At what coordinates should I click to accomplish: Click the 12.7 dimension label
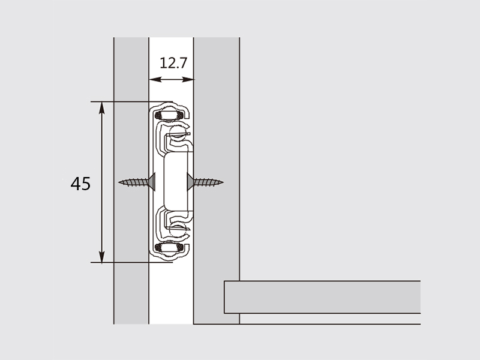coord(173,63)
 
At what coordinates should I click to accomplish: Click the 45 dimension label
coord(80,184)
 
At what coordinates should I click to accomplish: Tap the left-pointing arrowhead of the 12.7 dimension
coord(155,80)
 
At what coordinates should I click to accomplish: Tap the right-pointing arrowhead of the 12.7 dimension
coord(188,80)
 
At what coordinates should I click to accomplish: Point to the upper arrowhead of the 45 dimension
coord(102,108)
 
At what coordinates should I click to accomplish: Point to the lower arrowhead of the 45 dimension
coord(102,256)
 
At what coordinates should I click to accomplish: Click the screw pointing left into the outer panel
coord(137,182)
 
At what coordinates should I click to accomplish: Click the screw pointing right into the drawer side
coord(205,182)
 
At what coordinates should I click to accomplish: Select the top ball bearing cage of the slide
coord(169,115)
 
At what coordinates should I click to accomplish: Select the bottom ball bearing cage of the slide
coord(169,248)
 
